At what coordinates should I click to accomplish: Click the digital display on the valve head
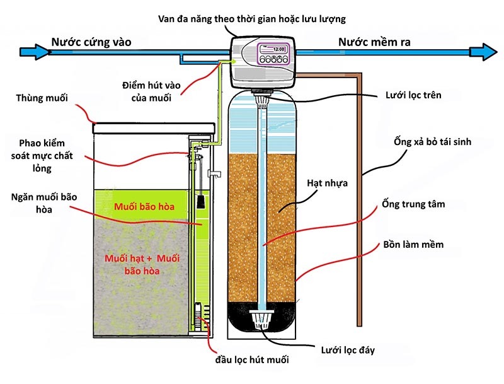278,49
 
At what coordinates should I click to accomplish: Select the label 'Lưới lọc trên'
413,95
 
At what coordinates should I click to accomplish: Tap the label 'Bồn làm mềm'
413,244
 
